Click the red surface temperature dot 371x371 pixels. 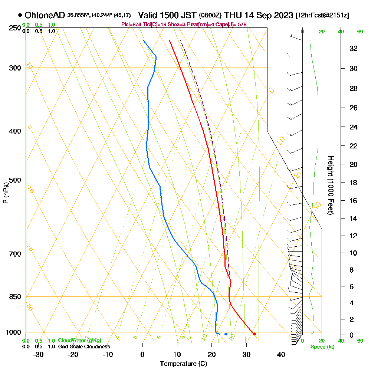point(254,334)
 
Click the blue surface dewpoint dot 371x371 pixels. point(226,334)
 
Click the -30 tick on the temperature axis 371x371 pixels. point(39,355)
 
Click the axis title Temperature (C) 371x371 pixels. point(183,364)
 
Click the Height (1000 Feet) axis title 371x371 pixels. point(330,185)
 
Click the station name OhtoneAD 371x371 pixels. point(45,15)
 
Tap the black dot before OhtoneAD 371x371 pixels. point(20,15)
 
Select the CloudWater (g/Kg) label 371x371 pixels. point(79,341)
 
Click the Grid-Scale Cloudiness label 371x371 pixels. point(83,347)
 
